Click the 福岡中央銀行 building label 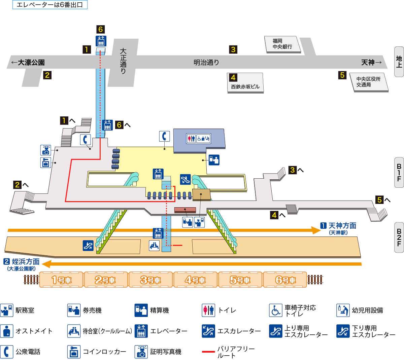[x=282, y=44]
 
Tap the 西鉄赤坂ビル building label [x=245, y=86]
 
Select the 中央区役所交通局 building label [x=368, y=82]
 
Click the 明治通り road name [x=206, y=62]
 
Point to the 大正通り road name [x=123, y=61]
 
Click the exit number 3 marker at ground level [x=233, y=49]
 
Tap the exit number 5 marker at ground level [x=342, y=75]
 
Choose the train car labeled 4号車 [x=195, y=280]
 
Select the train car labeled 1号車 [x=61, y=280]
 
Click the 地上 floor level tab [x=399, y=62]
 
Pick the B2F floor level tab [x=399, y=237]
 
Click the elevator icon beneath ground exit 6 [x=101, y=41]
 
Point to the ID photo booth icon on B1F [x=45, y=150]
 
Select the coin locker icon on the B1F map [x=45, y=163]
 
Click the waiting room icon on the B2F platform [x=154, y=245]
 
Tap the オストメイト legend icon [x=6, y=331]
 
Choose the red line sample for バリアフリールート [x=208, y=352]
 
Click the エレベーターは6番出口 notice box [x=50, y=5]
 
